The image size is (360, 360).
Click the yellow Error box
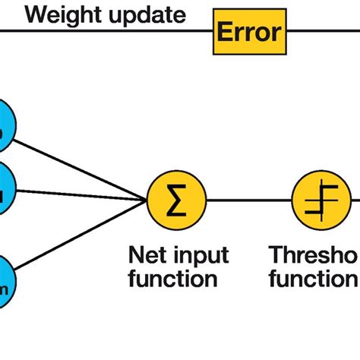[x=249, y=32]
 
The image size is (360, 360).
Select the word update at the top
[x=144, y=14]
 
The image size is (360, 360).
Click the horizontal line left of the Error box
[x=106, y=31]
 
